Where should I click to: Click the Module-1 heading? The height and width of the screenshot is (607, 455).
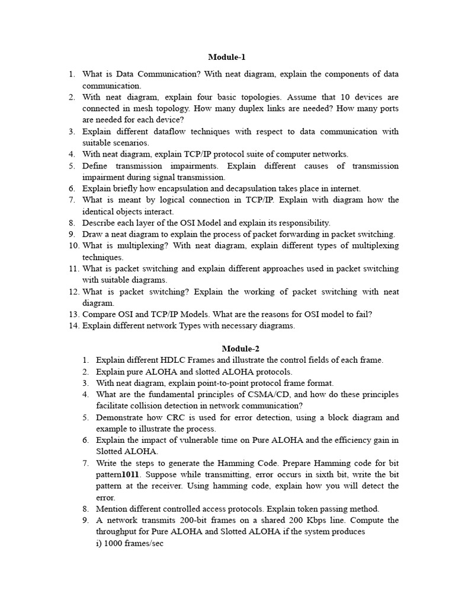tap(227, 57)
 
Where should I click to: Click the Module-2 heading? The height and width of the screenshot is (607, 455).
tap(241, 349)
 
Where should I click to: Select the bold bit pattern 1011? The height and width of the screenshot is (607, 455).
tap(136, 474)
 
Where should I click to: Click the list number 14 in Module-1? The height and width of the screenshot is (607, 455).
tap(73, 325)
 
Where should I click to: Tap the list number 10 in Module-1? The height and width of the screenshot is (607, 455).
tap(73, 245)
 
